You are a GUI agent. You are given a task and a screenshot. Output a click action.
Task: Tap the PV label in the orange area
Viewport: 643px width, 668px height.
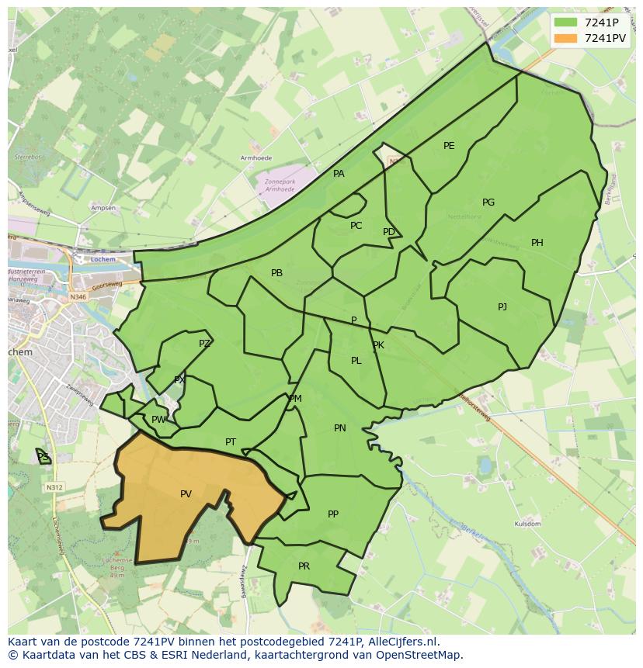pos(186,494)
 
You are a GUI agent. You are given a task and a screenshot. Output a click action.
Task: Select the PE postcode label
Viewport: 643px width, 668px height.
pos(449,146)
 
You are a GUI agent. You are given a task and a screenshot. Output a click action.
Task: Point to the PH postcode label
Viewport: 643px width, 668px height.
pos(537,243)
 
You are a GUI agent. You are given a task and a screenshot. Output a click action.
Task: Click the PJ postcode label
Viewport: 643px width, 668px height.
pos(502,307)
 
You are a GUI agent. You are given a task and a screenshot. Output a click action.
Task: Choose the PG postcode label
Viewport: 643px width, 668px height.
pos(488,202)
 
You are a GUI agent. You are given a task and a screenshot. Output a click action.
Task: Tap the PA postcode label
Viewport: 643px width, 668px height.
pos(339,174)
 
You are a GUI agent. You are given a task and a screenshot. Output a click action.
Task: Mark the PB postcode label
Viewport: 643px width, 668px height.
pos(276,273)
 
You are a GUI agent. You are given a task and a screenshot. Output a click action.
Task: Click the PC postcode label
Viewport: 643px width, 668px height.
pos(356,226)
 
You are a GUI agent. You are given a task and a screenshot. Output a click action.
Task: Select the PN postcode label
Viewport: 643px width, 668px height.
pos(340,428)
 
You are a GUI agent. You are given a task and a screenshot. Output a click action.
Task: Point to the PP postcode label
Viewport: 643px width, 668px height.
pos(333,514)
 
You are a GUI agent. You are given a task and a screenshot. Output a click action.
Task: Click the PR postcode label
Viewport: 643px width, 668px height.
pos(304,566)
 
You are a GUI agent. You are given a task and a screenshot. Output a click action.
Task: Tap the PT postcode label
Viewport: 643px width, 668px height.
pos(231,442)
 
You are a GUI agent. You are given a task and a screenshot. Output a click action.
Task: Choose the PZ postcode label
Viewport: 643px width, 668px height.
pos(204,344)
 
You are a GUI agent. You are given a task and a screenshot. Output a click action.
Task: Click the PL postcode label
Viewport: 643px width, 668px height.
pos(356,361)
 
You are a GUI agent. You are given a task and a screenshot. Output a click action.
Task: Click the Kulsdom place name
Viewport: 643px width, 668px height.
pos(527,524)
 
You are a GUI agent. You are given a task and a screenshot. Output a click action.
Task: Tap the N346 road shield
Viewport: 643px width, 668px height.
pos(78,296)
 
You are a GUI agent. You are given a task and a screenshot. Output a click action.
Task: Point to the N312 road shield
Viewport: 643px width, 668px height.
pos(54,487)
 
